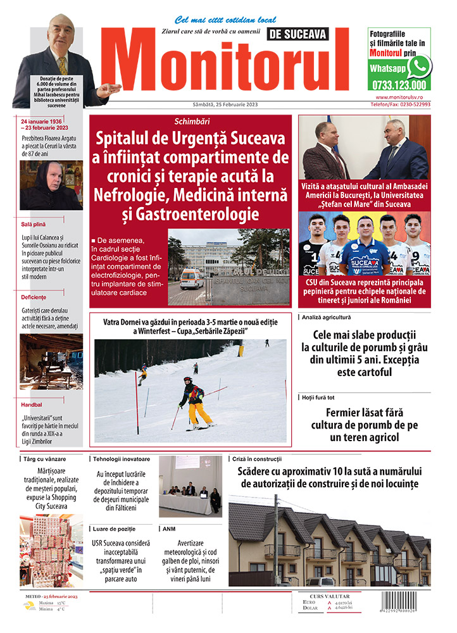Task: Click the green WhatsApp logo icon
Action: click(x=419, y=66)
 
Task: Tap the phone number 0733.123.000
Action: click(x=399, y=85)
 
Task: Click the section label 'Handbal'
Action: click(x=32, y=404)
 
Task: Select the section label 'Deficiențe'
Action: click(x=34, y=315)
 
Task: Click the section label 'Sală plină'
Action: click(x=33, y=224)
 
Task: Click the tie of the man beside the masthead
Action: click(x=62, y=65)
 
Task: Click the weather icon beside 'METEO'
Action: click(x=29, y=606)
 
